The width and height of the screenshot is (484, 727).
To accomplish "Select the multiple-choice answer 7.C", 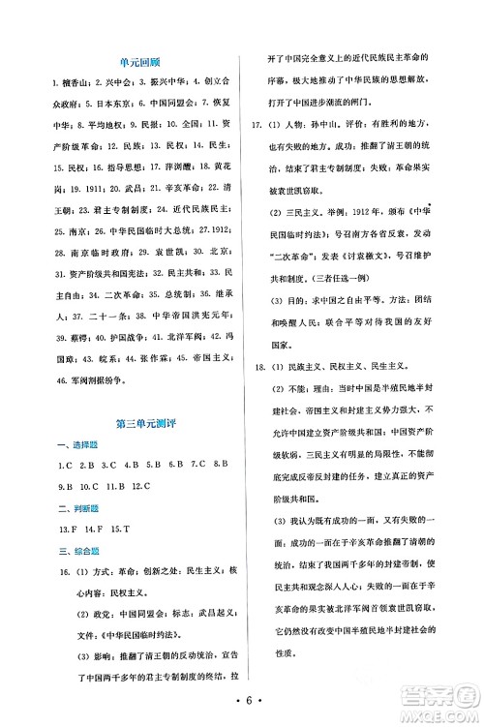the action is (197, 467).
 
